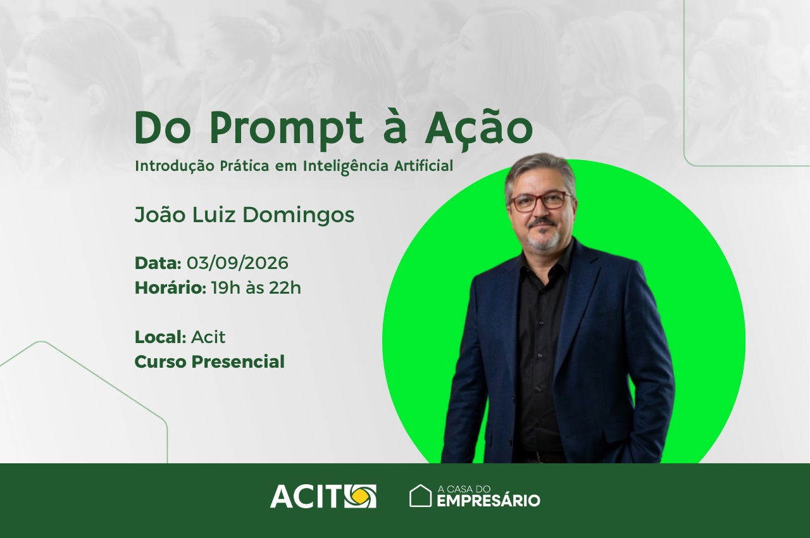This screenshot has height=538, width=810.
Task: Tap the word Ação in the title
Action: [479, 126]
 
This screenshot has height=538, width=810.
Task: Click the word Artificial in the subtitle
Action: [423, 166]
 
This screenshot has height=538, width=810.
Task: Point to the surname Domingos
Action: [298, 215]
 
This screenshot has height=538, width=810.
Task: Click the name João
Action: [160, 214]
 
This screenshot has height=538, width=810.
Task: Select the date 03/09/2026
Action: [237, 263]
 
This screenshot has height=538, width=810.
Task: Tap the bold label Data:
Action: [158, 263]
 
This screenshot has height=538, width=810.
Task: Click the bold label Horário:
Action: [170, 288]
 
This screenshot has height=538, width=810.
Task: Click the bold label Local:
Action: [160, 337]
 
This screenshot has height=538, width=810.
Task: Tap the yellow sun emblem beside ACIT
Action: [360, 496]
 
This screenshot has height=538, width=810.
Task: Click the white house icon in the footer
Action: [420, 496]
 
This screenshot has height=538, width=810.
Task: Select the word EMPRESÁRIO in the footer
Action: [489, 501]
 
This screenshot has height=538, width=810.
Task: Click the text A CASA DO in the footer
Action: [464, 489]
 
